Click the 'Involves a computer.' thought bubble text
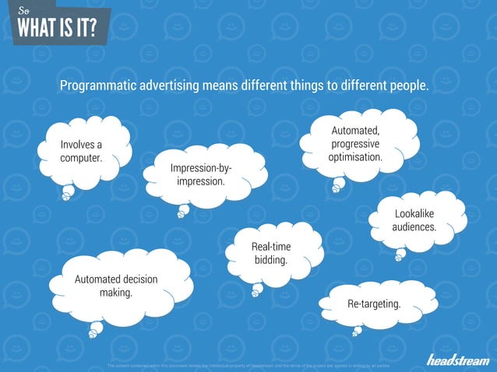[x=81, y=151]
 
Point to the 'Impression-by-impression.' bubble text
[x=201, y=174]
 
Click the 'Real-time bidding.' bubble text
[x=271, y=253]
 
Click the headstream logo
[x=457, y=359]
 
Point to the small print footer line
[x=249, y=364]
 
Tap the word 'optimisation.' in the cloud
[x=355, y=156]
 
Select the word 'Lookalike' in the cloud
[x=414, y=212]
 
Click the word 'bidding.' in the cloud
[x=271, y=260]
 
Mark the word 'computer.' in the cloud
[x=81, y=158]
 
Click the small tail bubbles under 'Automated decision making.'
[x=94, y=331]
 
